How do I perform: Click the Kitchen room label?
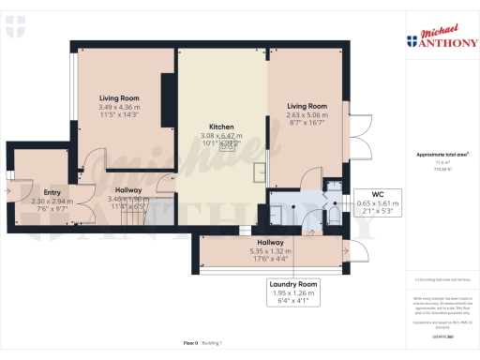click(221, 127)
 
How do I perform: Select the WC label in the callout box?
click(377, 193)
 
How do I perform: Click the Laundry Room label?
click(294, 283)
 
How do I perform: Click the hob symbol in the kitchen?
click(226, 145)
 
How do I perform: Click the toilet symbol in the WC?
click(333, 218)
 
